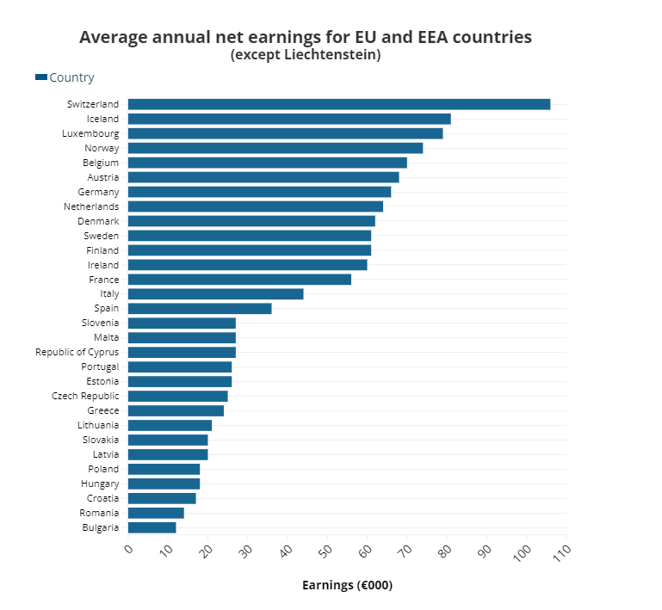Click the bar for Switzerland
coord(338,104)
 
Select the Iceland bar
coord(289,119)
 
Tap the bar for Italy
coord(215,293)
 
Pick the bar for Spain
coord(200,308)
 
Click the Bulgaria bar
coord(152,527)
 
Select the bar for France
coord(239,280)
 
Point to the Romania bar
coord(156,513)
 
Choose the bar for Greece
coord(176,410)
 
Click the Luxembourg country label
coord(90,133)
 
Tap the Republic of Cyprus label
coord(77,352)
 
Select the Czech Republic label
coord(85,396)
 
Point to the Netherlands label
coord(91,206)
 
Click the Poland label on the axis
coord(103,469)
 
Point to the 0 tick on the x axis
coord(129,549)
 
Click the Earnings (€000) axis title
coord(347,585)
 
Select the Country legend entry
coord(71,77)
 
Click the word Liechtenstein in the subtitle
coord(331,55)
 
